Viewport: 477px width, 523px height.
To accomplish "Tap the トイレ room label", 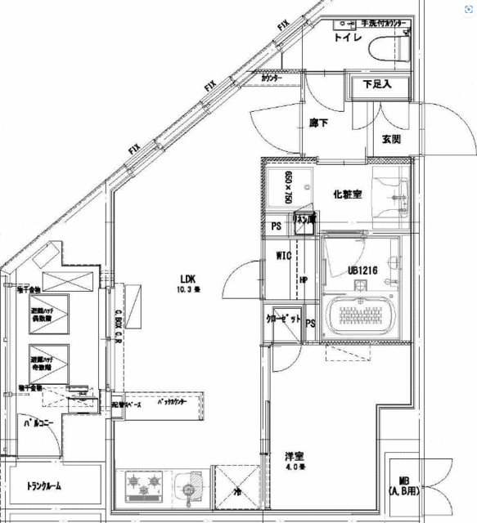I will tap(349, 38).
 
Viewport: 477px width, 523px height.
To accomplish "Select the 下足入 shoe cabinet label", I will tap(378, 83).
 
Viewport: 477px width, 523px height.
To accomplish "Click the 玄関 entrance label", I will tap(391, 140).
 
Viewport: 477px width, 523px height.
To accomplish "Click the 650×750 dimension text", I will tap(288, 187).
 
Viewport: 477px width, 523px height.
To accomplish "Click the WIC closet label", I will tap(283, 256).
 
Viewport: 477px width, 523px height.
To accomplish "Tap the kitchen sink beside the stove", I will tap(191, 487).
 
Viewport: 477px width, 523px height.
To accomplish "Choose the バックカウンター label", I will tap(169, 404).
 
